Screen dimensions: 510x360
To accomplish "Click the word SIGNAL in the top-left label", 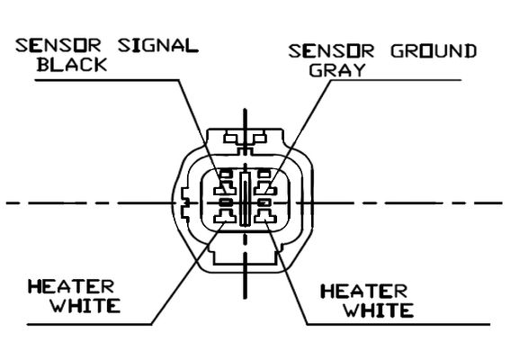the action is (x=158, y=46).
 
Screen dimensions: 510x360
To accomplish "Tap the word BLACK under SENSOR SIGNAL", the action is (x=72, y=65).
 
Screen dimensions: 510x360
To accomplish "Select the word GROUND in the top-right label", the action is (x=434, y=51).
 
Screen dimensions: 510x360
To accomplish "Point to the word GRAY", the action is (x=337, y=69).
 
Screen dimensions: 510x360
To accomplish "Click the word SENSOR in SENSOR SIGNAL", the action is (x=58, y=46).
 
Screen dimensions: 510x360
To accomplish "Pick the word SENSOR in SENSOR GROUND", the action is (x=331, y=51).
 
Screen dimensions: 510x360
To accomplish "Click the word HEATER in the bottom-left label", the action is (x=71, y=287).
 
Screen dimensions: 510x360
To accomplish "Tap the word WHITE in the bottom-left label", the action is (x=85, y=305).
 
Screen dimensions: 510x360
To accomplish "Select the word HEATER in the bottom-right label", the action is (x=364, y=292).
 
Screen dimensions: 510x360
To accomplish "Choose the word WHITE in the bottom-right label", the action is (x=379, y=310).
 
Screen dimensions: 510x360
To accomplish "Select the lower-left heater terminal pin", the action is (x=226, y=216).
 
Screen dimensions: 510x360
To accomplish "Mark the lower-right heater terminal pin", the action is (x=265, y=216).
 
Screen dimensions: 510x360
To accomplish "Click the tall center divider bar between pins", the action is (x=245, y=199).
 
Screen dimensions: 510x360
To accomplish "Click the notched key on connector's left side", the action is (x=184, y=203).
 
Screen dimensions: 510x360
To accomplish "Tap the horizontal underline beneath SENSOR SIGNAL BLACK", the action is (x=107, y=80).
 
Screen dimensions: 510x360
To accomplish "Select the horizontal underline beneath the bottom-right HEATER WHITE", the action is (x=398, y=324).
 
